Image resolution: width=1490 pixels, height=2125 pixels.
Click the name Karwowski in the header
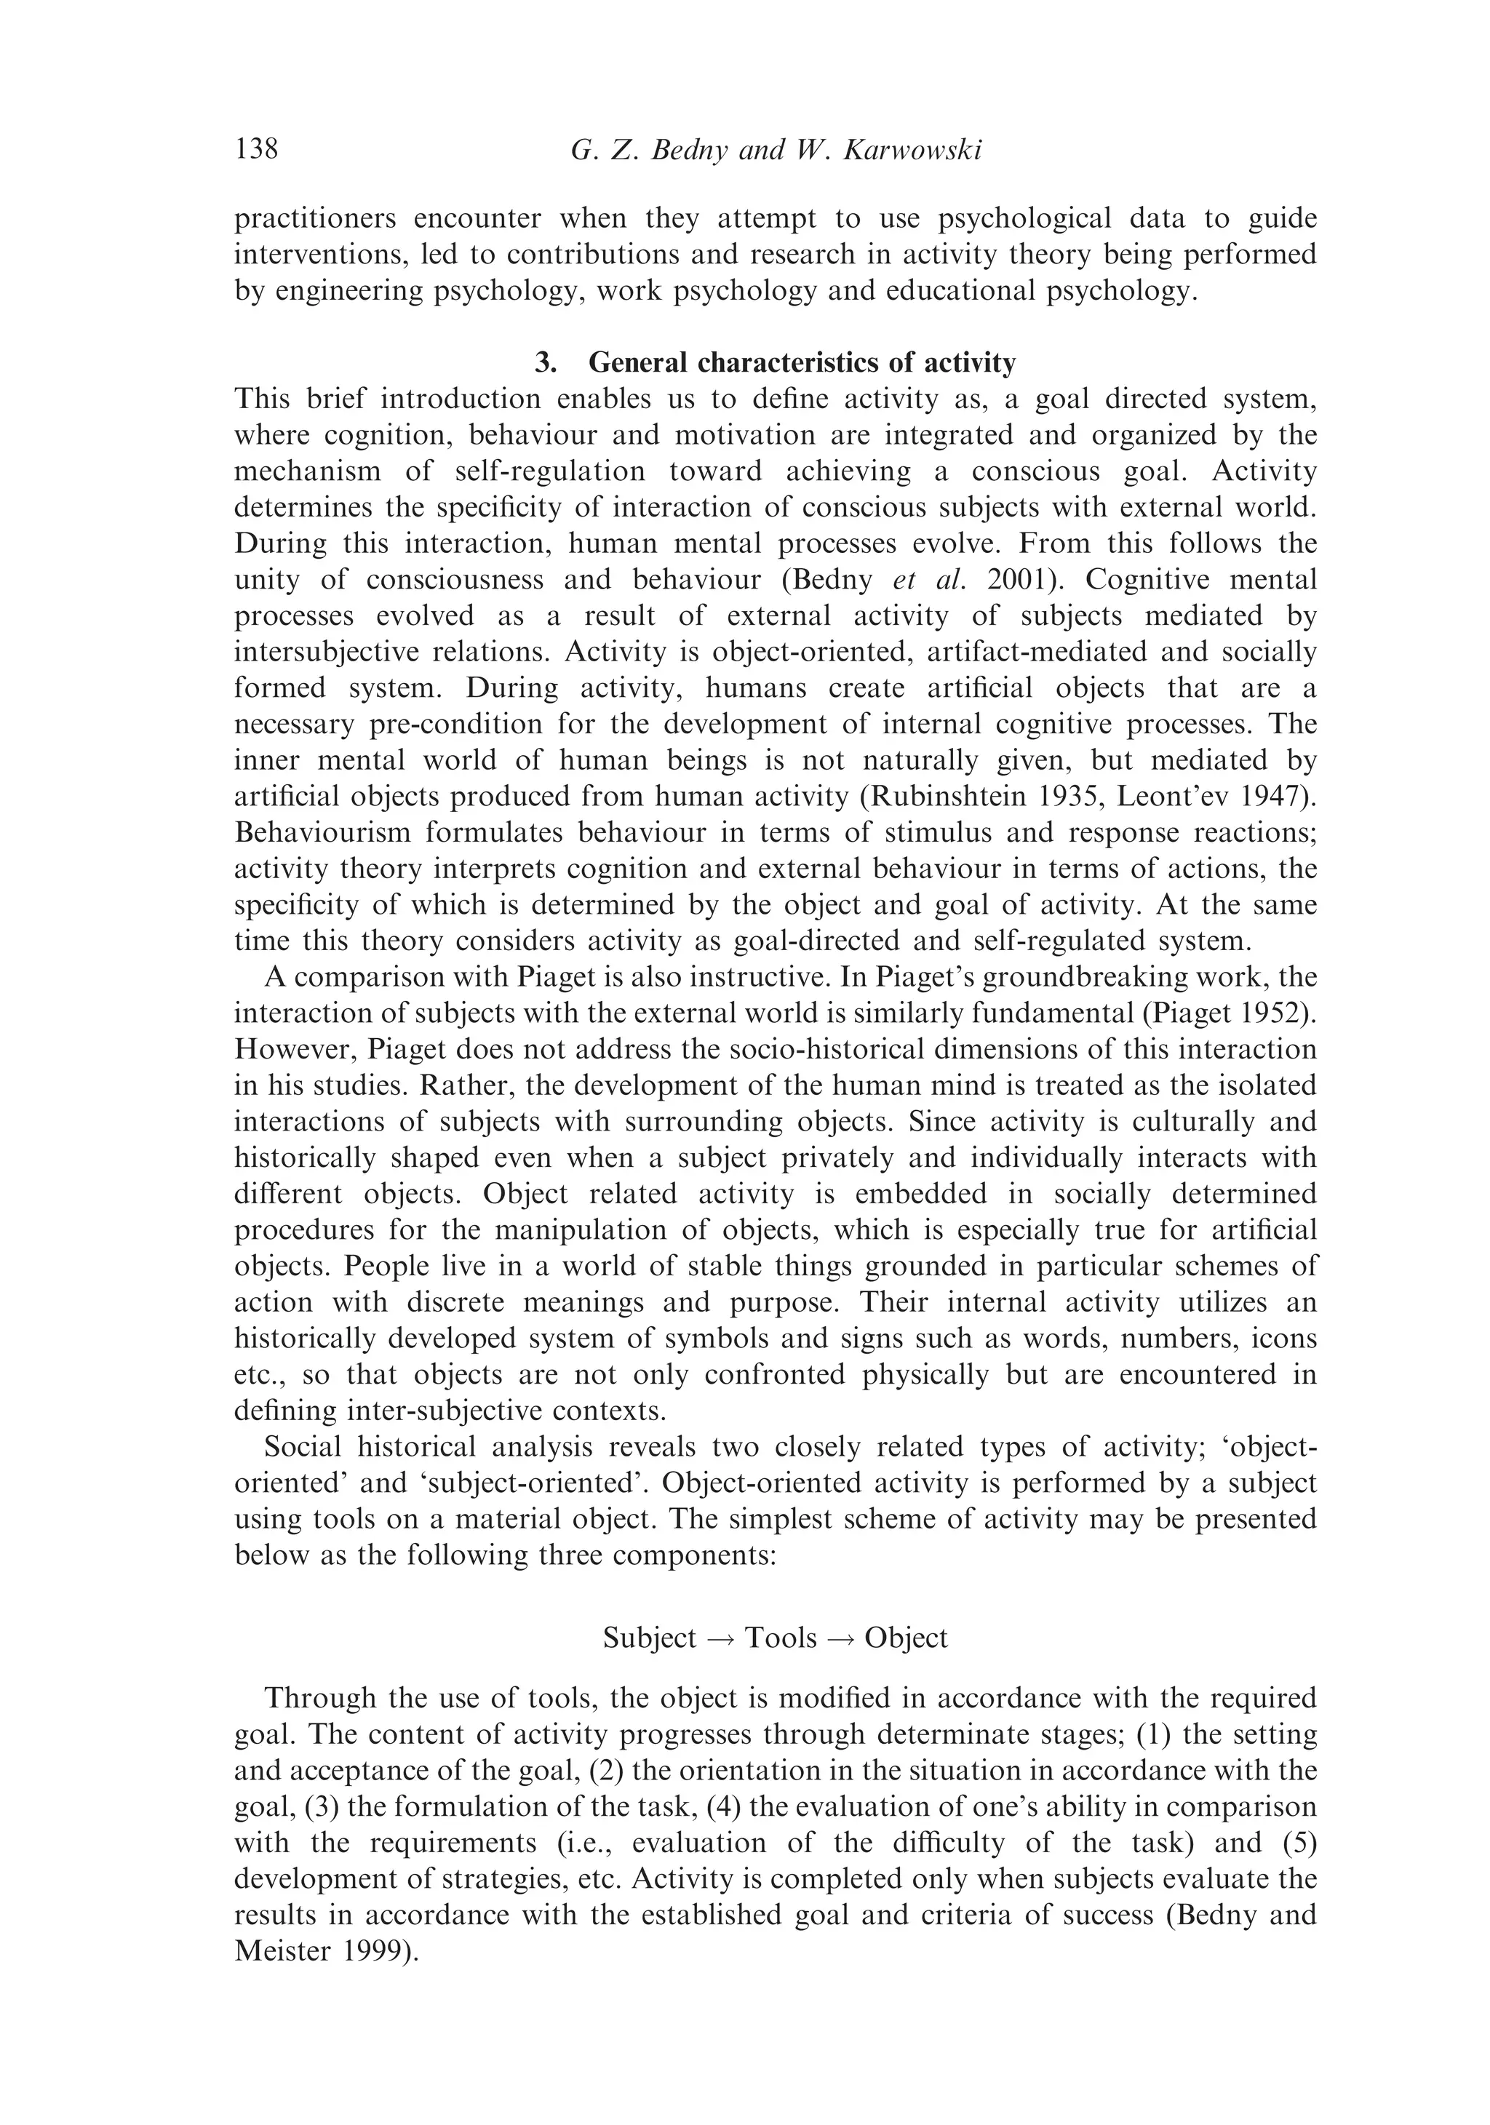coord(912,150)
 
